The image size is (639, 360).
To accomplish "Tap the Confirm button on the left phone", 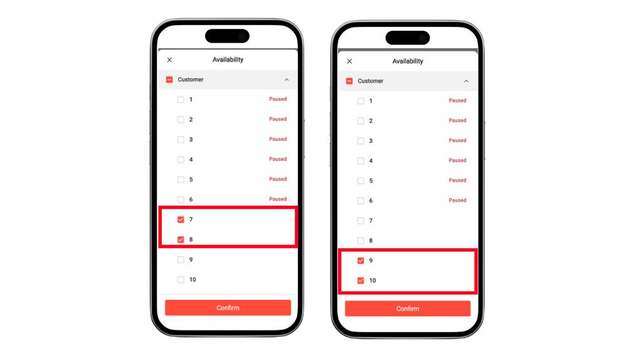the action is point(228,308).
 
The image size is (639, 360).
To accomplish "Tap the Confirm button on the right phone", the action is point(408,309).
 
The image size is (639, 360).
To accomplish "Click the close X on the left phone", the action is point(169,60).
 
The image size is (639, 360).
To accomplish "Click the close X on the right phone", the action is point(349,61).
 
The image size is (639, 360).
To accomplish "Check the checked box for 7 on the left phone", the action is point(181,220).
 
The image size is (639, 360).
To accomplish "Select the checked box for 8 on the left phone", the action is point(181,240).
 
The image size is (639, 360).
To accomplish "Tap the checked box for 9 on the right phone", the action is point(361,260).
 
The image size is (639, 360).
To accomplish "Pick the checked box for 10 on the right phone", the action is point(361,280).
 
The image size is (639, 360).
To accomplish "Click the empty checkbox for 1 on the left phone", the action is point(181,100).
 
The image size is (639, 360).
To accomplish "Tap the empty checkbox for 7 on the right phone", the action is point(361,221).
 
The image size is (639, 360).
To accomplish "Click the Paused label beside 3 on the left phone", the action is point(278,139).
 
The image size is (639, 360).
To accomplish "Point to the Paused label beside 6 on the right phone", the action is point(458,200).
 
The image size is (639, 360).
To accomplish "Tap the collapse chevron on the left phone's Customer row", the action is point(287,80).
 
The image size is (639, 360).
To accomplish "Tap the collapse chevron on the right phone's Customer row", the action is point(466,81).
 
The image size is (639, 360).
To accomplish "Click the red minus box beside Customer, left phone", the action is point(169,80).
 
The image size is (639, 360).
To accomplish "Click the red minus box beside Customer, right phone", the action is point(349,81).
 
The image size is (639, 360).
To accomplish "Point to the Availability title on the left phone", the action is point(228,60).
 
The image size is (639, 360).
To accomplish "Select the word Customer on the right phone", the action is point(371,81).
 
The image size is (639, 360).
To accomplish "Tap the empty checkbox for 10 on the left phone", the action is point(181,280).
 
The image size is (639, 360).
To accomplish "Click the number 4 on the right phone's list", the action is point(371,161).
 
